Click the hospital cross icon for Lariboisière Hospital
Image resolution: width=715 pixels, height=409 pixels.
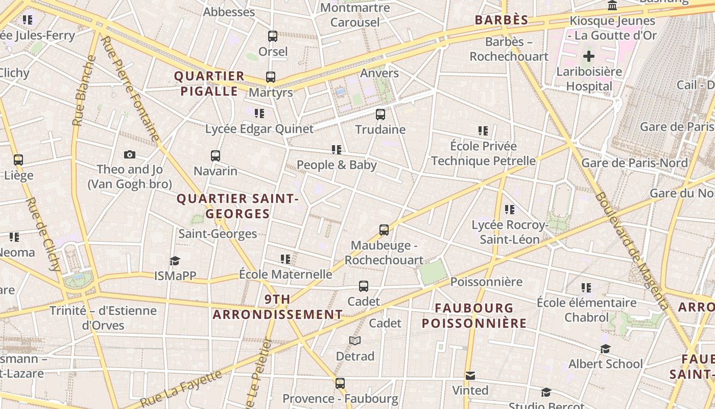589,56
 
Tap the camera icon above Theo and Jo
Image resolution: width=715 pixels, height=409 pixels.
130,154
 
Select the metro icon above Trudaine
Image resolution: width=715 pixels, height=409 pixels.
380,115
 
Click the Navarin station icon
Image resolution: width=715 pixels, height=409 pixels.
216,155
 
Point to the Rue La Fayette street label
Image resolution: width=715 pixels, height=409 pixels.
181,389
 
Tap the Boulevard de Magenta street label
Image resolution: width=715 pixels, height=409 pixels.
632,251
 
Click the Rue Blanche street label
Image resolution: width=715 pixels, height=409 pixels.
84,90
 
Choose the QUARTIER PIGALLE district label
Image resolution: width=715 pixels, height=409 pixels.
209,84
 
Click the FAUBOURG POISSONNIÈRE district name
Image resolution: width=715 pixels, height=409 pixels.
474,315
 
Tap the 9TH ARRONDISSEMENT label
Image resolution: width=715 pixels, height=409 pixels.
278,307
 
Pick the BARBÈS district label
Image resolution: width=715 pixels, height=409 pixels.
502,20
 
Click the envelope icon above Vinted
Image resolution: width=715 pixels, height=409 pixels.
470,376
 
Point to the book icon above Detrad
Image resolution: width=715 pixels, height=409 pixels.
355,341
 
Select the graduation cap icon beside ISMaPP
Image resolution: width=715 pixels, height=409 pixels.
175,261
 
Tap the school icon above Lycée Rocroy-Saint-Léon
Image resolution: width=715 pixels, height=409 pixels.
509,210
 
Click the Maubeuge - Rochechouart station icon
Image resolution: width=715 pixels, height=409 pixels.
384,230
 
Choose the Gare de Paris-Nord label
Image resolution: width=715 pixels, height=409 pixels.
634,163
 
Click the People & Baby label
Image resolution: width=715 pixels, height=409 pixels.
337,165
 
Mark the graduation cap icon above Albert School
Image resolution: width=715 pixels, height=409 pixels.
605,349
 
